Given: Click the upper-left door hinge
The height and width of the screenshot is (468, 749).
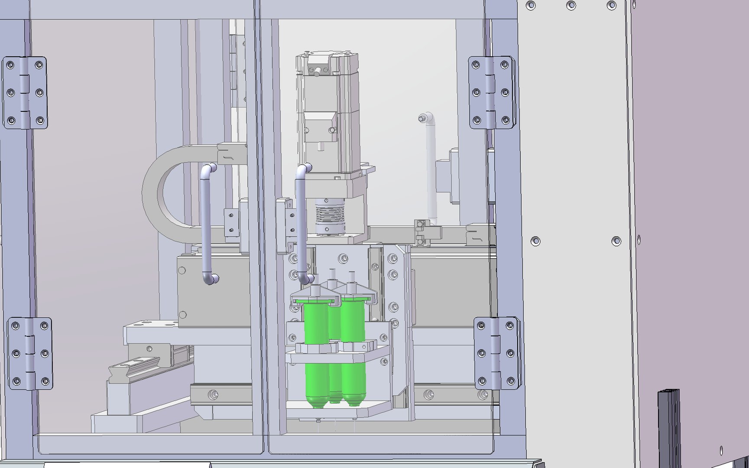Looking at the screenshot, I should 25,93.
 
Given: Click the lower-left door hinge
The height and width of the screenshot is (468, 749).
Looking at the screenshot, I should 30,354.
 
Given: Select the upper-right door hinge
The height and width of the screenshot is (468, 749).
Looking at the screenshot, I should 491,92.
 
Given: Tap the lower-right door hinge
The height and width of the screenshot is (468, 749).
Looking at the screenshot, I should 496,354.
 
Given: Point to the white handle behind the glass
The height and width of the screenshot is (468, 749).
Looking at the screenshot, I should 430,169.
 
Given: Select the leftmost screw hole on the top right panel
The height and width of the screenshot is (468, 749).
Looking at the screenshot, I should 531,6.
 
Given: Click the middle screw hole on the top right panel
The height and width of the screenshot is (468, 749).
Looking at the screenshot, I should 571,6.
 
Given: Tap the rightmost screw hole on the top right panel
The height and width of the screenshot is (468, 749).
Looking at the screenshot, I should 611,6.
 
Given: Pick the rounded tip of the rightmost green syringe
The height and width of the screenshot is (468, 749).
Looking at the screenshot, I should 354,401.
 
